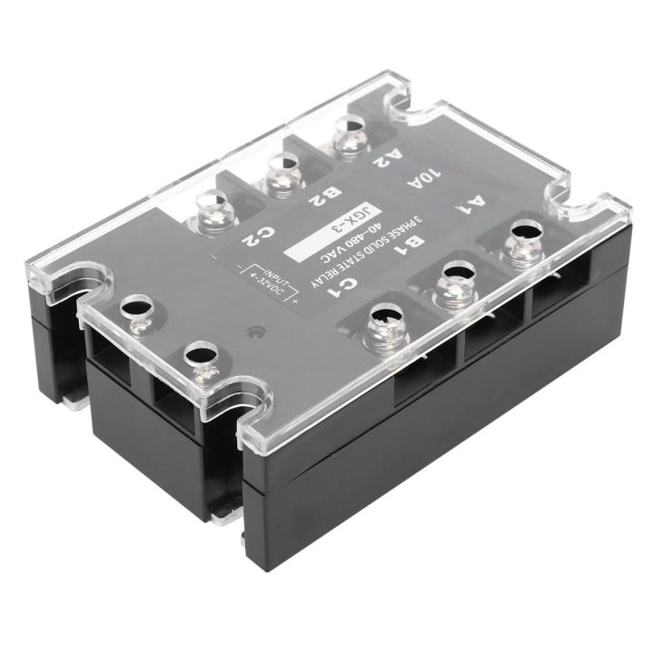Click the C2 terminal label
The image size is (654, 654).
(x=253, y=238)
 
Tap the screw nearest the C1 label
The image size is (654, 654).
(x=381, y=327)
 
